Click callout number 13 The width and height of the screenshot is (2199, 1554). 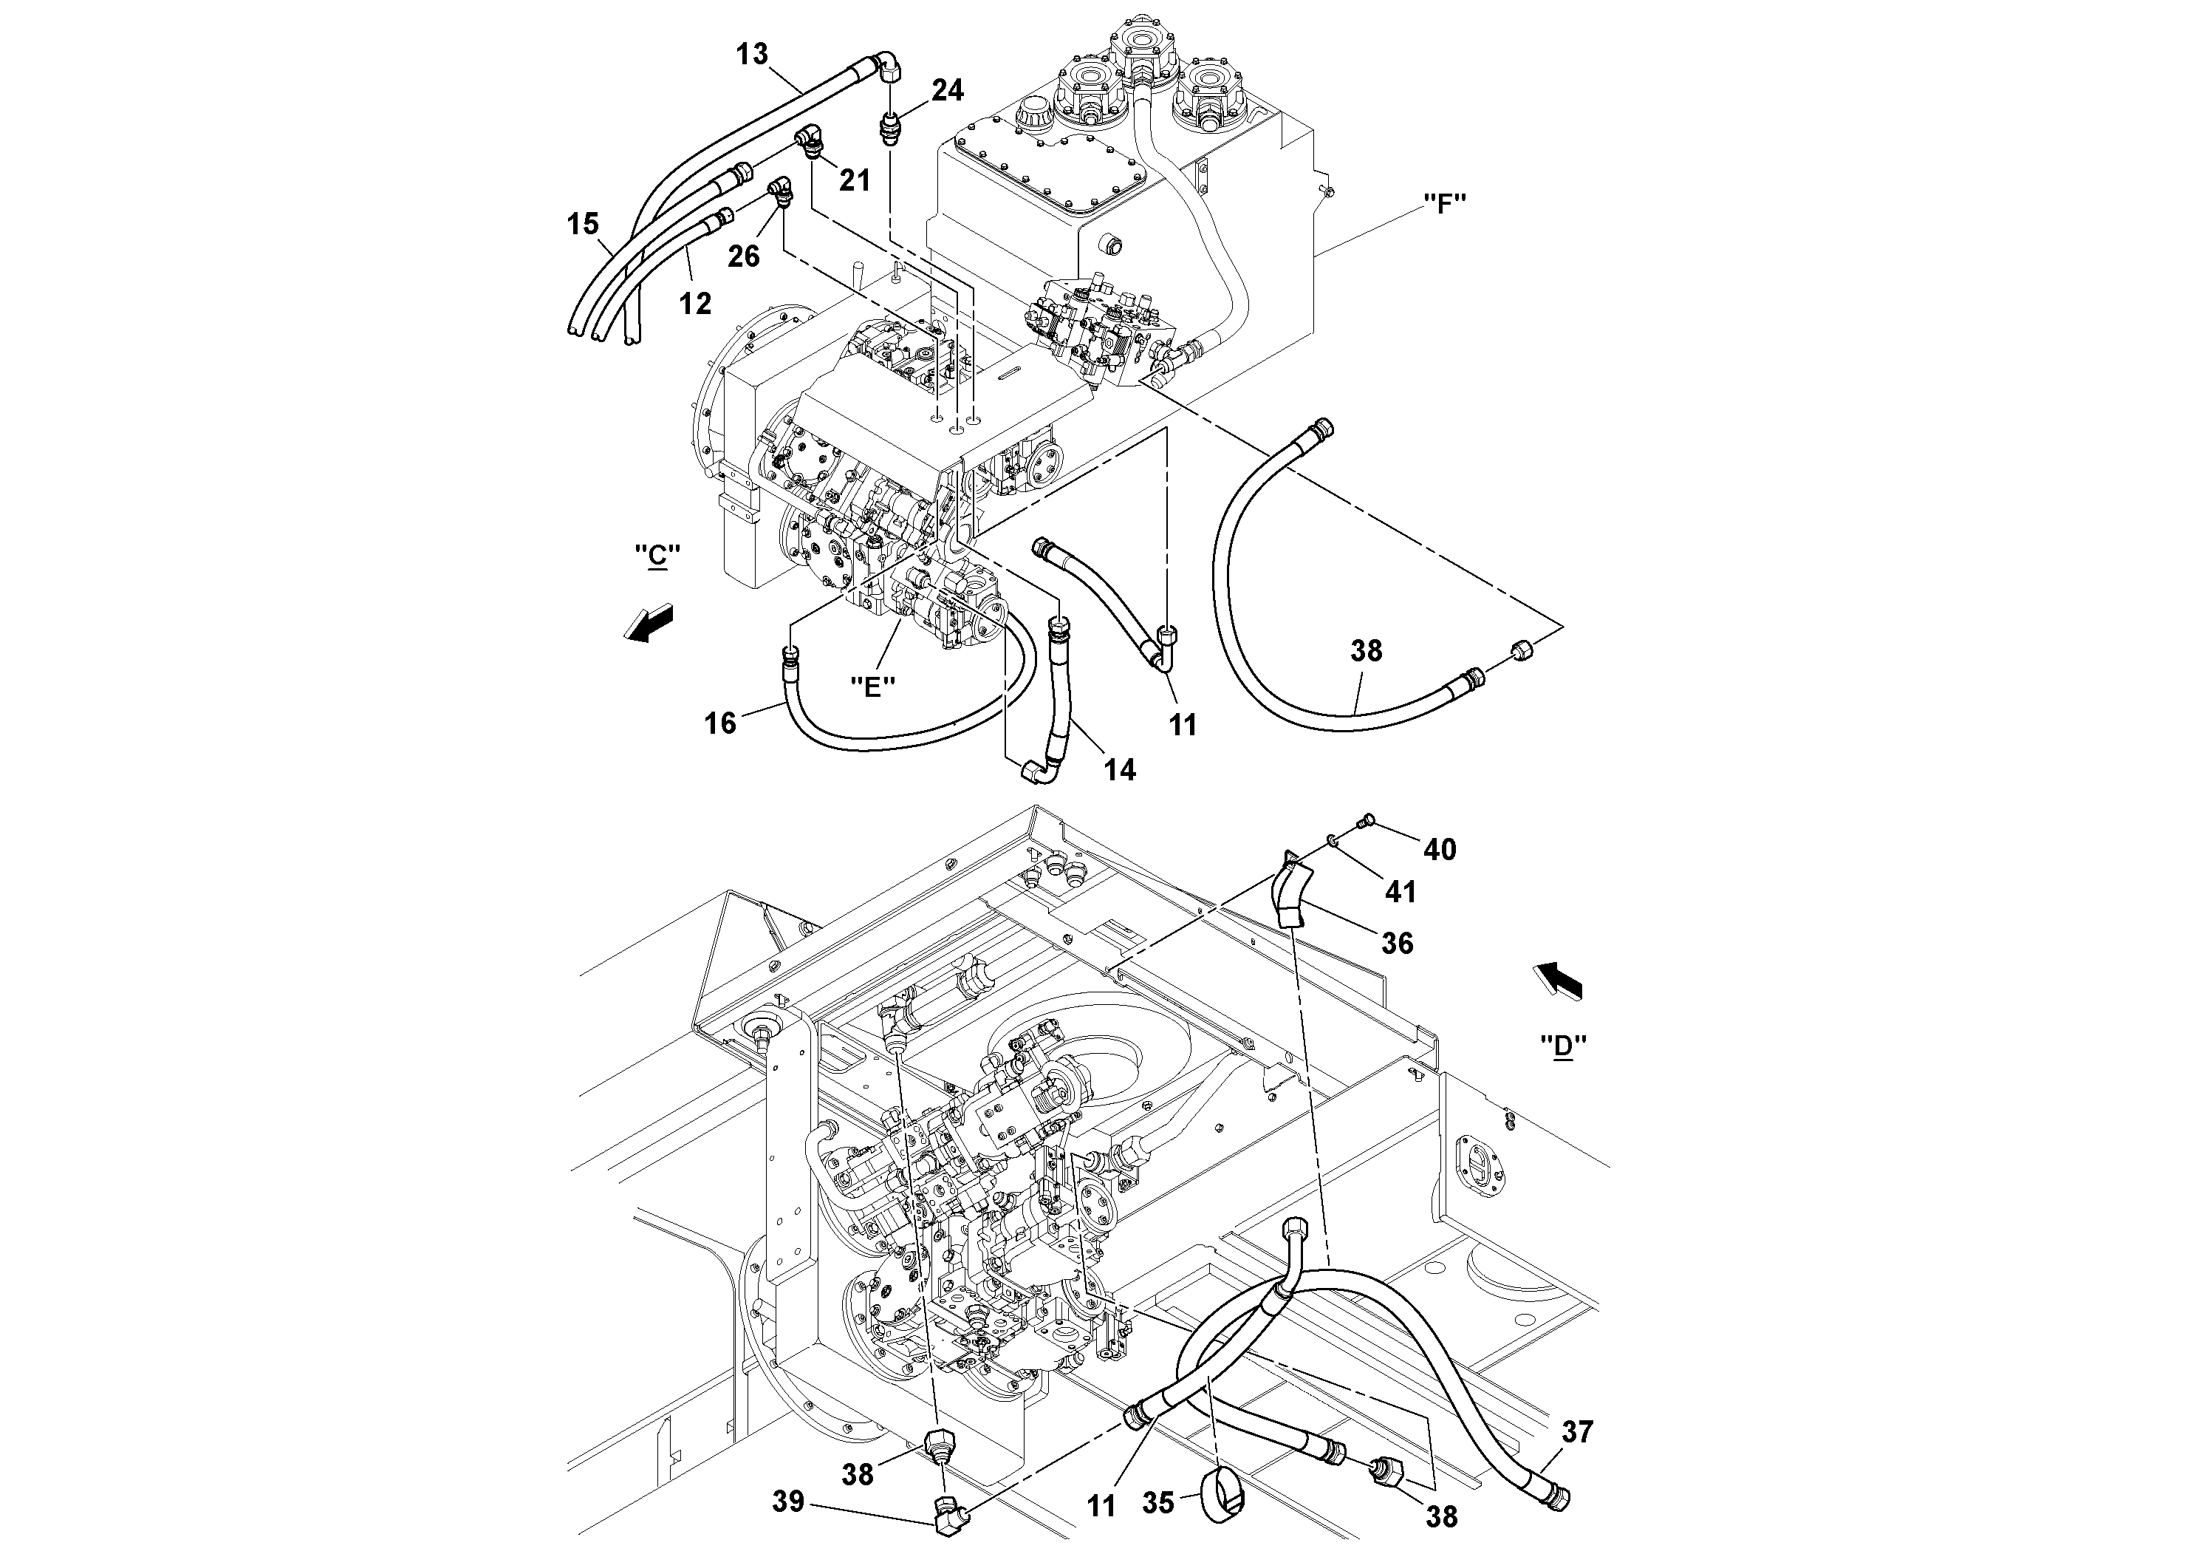pyautogui.click(x=752, y=55)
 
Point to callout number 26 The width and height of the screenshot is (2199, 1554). pyautogui.click(x=743, y=256)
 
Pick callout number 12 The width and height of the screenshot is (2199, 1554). pyautogui.click(x=695, y=304)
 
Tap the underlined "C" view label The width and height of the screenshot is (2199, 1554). pyautogui.click(x=657, y=556)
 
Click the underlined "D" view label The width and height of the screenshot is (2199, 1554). pyautogui.click(x=1563, y=1046)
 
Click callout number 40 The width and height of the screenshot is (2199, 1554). pyautogui.click(x=1440, y=849)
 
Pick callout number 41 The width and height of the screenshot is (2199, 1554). pyautogui.click(x=1401, y=892)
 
